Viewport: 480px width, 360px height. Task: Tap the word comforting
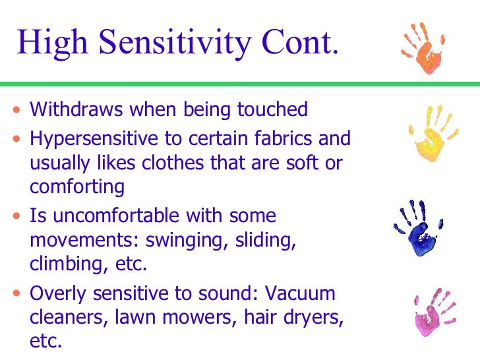77,187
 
